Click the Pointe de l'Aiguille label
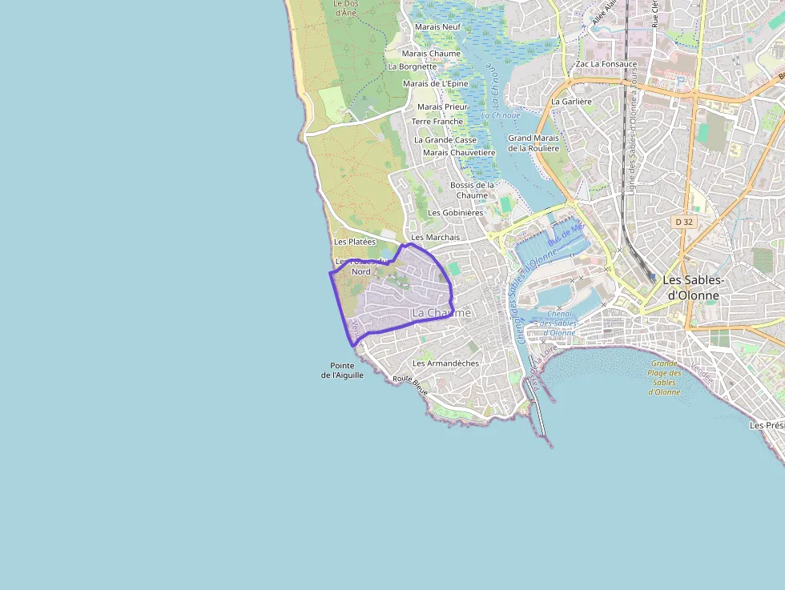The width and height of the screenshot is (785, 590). tap(343, 370)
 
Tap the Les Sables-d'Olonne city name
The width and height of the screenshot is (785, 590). tap(694, 287)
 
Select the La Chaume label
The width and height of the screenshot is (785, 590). tap(441, 312)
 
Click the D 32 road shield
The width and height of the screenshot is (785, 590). tap(683, 221)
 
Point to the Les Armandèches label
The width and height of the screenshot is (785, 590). tap(445, 363)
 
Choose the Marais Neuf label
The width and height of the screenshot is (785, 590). tap(437, 26)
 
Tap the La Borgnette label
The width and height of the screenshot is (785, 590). tap(413, 66)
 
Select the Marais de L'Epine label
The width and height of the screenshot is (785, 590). tap(435, 83)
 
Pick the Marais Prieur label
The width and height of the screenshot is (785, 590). tap(442, 106)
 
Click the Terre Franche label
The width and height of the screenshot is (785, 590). tap(437, 122)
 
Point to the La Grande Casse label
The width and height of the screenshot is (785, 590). tap(445, 139)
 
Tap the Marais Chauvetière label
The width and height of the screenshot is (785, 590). tap(459, 152)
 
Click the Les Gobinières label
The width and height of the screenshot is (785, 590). tap(456, 213)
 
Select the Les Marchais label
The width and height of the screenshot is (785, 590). tap(436, 237)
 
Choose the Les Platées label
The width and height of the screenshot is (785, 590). tap(355, 242)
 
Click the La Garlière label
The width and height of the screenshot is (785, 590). tap(571, 102)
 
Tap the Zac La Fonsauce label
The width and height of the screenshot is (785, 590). tap(606, 63)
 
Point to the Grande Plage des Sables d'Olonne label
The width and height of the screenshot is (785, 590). tap(665, 377)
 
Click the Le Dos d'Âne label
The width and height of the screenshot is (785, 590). tap(344, 8)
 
